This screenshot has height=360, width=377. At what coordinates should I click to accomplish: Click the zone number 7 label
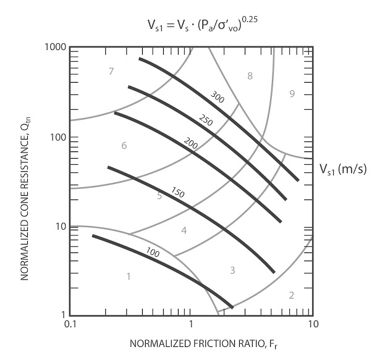point(111,72)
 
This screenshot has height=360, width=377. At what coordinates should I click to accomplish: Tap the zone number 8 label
point(250,76)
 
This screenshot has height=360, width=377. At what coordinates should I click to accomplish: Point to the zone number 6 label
point(124,146)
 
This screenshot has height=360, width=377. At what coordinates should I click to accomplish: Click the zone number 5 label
point(159,196)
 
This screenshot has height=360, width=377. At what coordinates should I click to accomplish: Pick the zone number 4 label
point(184,231)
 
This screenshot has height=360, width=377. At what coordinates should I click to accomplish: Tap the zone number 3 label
point(233,270)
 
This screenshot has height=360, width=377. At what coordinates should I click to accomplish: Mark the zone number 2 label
point(291,295)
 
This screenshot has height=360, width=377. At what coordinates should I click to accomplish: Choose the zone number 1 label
point(129,276)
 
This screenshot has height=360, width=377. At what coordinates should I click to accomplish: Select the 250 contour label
point(206,121)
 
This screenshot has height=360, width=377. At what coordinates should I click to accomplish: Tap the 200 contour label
point(190,143)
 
